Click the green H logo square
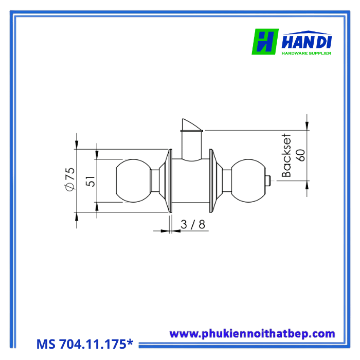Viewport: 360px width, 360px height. (265, 42)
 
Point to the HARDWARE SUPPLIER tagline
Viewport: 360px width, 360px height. (307, 53)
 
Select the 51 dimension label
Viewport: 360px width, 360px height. (91, 181)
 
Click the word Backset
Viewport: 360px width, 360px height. (286, 155)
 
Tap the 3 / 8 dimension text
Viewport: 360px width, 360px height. (193, 224)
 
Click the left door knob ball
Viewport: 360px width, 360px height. (133, 181)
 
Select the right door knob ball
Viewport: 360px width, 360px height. (248, 181)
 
